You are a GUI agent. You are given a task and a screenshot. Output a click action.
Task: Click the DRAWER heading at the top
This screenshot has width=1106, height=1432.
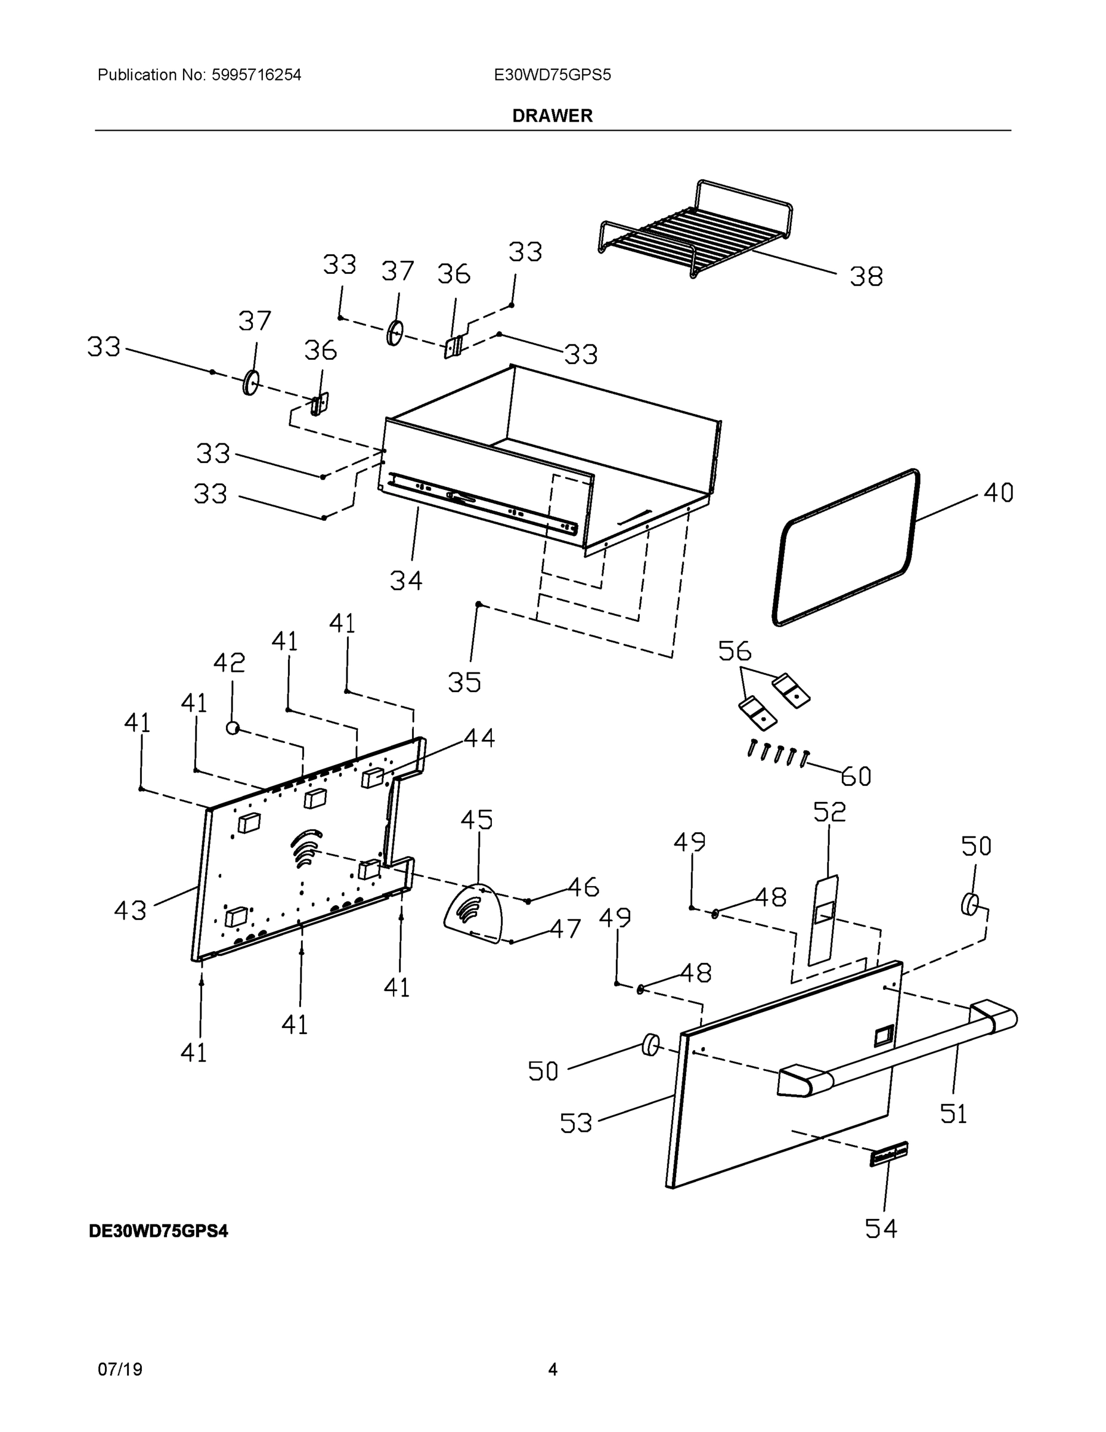point(552,116)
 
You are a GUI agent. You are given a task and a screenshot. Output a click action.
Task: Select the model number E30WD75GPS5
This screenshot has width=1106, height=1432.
point(552,75)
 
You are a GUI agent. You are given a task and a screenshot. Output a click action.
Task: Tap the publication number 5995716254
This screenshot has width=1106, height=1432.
point(256,75)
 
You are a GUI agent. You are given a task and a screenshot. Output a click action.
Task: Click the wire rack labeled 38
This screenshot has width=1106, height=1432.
point(695,230)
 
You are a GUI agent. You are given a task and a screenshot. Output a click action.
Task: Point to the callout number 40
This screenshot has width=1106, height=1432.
point(998,493)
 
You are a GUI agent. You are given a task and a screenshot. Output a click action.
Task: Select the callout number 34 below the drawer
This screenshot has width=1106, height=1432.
point(406,581)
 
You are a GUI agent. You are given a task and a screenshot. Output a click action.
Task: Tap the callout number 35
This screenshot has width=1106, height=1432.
point(464,683)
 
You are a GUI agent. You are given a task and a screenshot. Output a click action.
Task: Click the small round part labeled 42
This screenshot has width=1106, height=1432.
point(232,727)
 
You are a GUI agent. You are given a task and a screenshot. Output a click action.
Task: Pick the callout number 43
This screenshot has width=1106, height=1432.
point(130,910)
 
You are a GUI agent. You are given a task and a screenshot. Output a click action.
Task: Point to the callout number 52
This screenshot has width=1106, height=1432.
point(829,813)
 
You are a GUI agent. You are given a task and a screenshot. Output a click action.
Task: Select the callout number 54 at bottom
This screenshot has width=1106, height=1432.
point(881,1229)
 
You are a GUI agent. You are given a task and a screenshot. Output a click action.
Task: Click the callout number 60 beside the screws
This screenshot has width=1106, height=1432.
point(856,777)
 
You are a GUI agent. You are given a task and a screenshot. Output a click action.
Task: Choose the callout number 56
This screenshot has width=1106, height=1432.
point(734,651)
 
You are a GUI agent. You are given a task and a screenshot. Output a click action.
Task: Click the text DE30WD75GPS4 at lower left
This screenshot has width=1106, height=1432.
point(159,1232)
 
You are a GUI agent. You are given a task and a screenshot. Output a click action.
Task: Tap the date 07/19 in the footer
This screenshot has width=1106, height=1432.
point(120,1370)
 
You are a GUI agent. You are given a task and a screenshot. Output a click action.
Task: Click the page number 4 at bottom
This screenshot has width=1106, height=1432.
point(552,1370)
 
